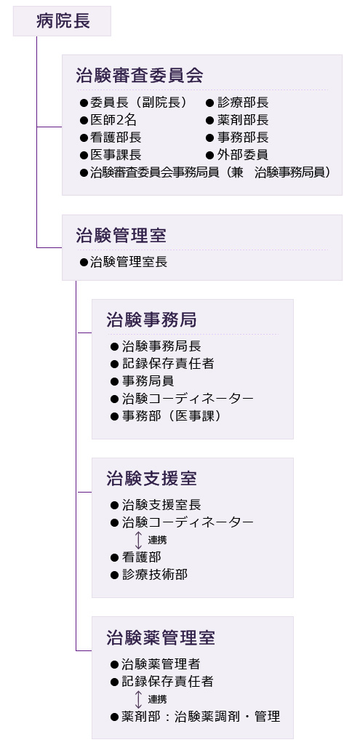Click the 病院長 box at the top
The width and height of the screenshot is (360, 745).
click(x=62, y=21)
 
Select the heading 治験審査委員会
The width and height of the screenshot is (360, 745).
click(x=140, y=75)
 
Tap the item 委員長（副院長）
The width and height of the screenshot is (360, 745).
click(x=138, y=102)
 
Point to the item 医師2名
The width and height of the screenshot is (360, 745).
click(x=113, y=120)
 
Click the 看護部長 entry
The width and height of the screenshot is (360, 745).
click(x=116, y=138)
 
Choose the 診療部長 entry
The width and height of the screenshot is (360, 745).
click(x=243, y=102)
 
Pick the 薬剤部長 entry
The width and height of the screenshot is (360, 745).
click(x=243, y=120)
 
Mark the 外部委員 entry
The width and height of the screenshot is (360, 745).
click(x=243, y=155)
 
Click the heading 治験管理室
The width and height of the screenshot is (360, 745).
click(x=121, y=235)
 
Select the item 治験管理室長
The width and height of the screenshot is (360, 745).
click(x=129, y=262)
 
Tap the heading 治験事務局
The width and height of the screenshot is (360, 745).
click(x=151, y=320)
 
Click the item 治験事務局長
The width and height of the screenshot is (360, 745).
click(x=161, y=346)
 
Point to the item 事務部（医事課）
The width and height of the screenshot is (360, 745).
click(x=172, y=416)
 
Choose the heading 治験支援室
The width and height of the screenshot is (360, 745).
click(x=151, y=479)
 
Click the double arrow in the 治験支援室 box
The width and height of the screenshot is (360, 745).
click(x=139, y=541)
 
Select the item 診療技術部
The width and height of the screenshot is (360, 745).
click(x=155, y=575)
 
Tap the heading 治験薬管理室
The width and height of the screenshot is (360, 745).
click(x=161, y=637)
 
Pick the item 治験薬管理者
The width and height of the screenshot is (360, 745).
click(x=161, y=664)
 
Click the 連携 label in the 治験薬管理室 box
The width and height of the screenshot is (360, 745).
click(x=157, y=699)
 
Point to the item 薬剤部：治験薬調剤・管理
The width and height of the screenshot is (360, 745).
click(x=201, y=717)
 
